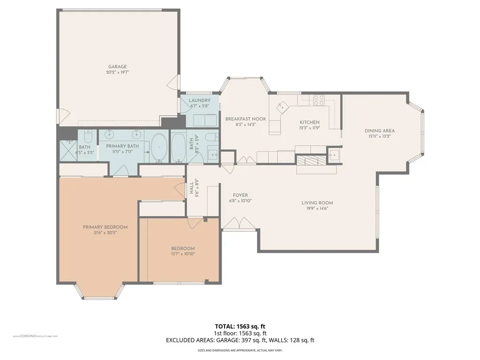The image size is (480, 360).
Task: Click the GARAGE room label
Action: [x=118, y=67]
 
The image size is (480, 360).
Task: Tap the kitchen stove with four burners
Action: [x=319, y=99]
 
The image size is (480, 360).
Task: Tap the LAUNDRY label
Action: [x=200, y=100]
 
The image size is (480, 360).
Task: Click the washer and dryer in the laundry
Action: [x=200, y=120]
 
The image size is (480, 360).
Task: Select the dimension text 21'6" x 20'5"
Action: [x=105, y=232]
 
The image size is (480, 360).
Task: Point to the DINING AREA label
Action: [x=380, y=131]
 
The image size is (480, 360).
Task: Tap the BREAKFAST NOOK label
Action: [x=245, y=119]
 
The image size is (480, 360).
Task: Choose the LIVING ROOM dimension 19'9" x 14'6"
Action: [x=317, y=209]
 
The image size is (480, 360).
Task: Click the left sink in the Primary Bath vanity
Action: [x=110, y=136]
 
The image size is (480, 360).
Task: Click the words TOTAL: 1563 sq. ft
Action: [x=240, y=326]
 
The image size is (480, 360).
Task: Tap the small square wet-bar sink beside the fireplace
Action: [x=334, y=154]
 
